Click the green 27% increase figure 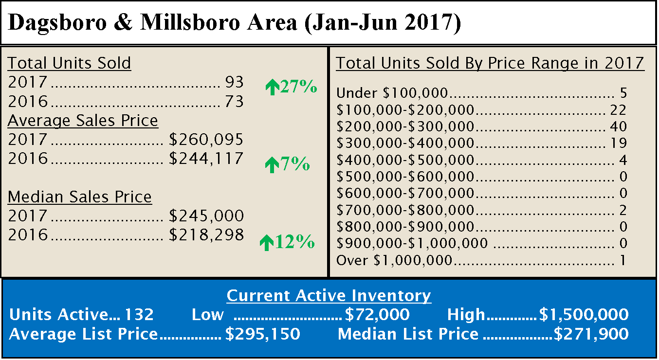pyautogui.click(x=298, y=87)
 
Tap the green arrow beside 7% pyautogui.click(x=271, y=166)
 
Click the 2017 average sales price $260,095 pyautogui.click(x=206, y=140)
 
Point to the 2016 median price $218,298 pyautogui.click(x=206, y=235)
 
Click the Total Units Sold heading pyautogui.click(x=69, y=63)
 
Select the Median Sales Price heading pyautogui.click(x=80, y=197)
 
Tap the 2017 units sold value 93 pyautogui.click(x=234, y=83)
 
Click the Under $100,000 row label pyautogui.click(x=392, y=93)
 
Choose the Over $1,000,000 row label pyautogui.click(x=395, y=261)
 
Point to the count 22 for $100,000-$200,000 pyautogui.click(x=619, y=110)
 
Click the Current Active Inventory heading pyautogui.click(x=329, y=296)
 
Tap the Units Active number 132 pyautogui.click(x=139, y=315)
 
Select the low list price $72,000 pyautogui.click(x=377, y=315)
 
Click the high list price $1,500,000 pyautogui.click(x=584, y=315)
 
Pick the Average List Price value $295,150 pyautogui.click(x=262, y=334)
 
